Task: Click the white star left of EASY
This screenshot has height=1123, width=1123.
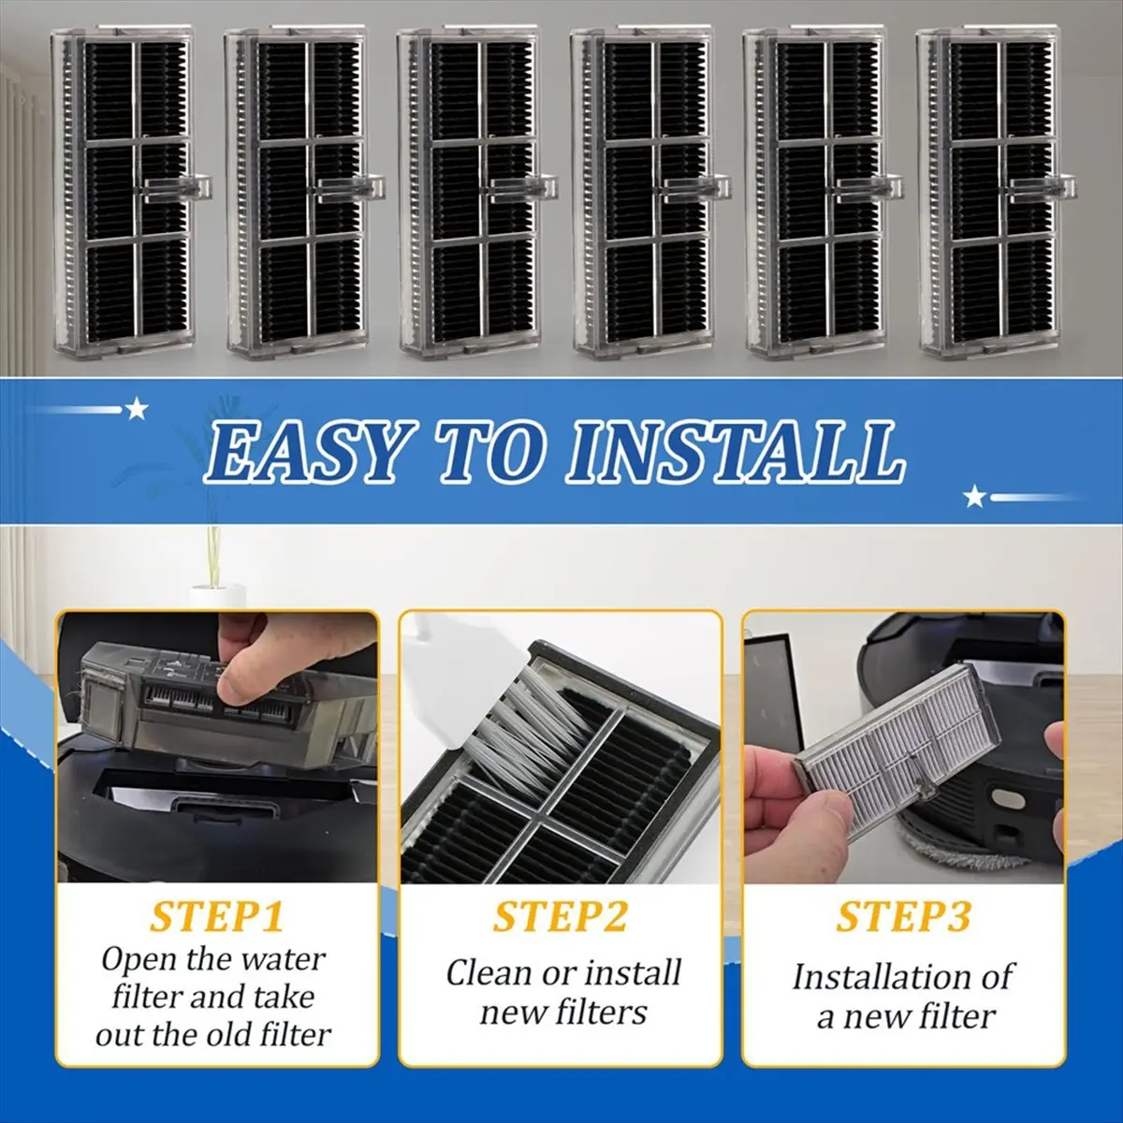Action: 137,409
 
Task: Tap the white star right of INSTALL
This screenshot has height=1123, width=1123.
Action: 974,498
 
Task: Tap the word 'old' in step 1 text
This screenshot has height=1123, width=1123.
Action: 229,1034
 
